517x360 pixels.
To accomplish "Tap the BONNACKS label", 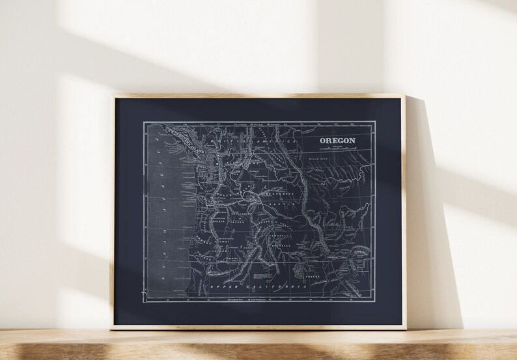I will (x=280, y=244).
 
